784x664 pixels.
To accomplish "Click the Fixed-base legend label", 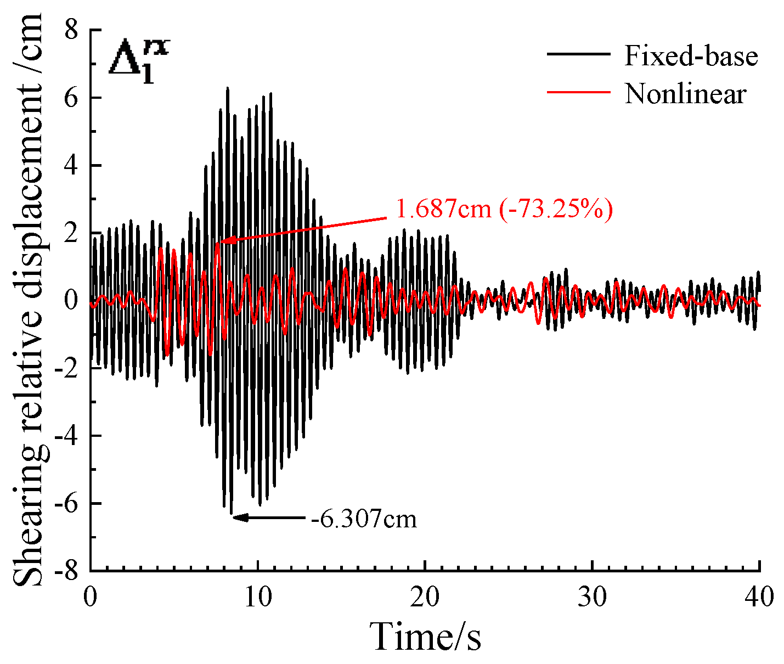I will [691, 57].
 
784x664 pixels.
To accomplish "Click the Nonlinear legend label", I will [685, 94].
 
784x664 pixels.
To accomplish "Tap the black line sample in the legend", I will [578, 54].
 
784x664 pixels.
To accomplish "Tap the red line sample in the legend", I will [578, 91].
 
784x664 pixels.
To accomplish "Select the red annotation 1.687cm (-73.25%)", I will [503, 209].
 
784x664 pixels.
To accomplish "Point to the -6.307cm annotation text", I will [364, 518].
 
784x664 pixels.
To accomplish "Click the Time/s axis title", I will [425, 636].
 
